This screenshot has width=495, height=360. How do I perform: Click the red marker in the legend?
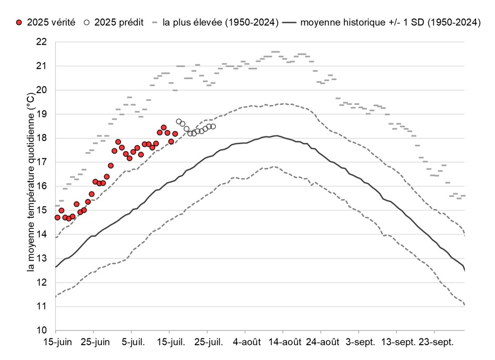(x=19, y=23)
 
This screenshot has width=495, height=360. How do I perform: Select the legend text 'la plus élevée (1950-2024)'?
(x=221, y=23)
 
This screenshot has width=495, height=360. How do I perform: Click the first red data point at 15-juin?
(x=57, y=217)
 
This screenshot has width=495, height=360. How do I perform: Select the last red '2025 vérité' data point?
(x=175, y=134)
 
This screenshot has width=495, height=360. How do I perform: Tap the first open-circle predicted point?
(x=179, y=122)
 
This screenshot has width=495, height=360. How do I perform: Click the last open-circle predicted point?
(x=213, y=126)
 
